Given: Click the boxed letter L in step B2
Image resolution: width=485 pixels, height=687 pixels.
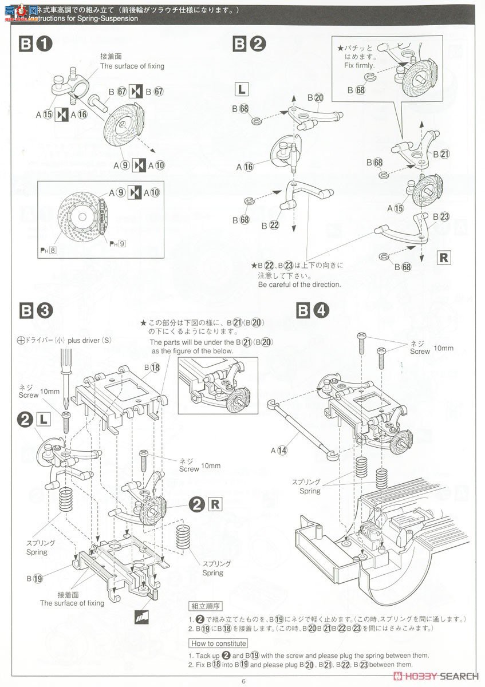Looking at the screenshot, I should click(x=242, y=89).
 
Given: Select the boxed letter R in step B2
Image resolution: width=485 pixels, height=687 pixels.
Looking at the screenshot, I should click(x=444, y=258).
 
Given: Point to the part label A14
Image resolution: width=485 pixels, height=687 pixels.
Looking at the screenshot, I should click(x=280, y=451).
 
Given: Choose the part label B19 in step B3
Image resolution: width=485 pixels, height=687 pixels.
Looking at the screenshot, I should click(x=34, y=578).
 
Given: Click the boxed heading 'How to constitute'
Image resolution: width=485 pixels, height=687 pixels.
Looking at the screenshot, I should click(x=219, y=643).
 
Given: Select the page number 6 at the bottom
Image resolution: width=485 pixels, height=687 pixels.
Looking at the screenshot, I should click(x=243, y=681).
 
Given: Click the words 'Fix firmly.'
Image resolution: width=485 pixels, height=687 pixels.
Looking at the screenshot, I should click(x=360, y=65).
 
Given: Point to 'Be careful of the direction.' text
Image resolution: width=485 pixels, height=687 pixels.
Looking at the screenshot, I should click(x=299, y=284).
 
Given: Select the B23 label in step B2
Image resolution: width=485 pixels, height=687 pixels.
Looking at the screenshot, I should click(x=441, y=216).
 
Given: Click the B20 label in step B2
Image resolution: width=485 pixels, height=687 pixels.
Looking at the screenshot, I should click(x=316, y=97).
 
